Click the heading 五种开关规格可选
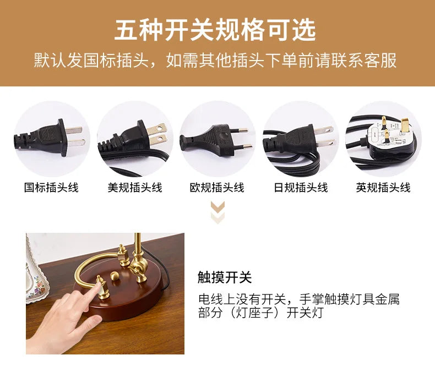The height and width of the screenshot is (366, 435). [x=215, y=30]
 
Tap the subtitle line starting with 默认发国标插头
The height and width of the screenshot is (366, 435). [x=215, y=60]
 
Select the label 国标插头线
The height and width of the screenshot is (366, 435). [x=51, y=188]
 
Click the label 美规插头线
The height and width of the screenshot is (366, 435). [x=135, y=188]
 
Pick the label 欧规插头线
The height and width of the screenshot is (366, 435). [x=217, y=188]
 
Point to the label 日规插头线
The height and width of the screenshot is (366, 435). [x=301, y=188]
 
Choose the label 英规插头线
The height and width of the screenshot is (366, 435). [x=383, y=188]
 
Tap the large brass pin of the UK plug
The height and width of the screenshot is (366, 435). [x=405, y=125]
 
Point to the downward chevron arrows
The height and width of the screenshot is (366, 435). [x=218, y=212]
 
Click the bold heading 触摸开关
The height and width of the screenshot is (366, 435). [x=225, y=277]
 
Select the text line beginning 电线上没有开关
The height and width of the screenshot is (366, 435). [x=299, y=299]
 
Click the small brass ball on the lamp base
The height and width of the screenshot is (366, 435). [x=115, y=276]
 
